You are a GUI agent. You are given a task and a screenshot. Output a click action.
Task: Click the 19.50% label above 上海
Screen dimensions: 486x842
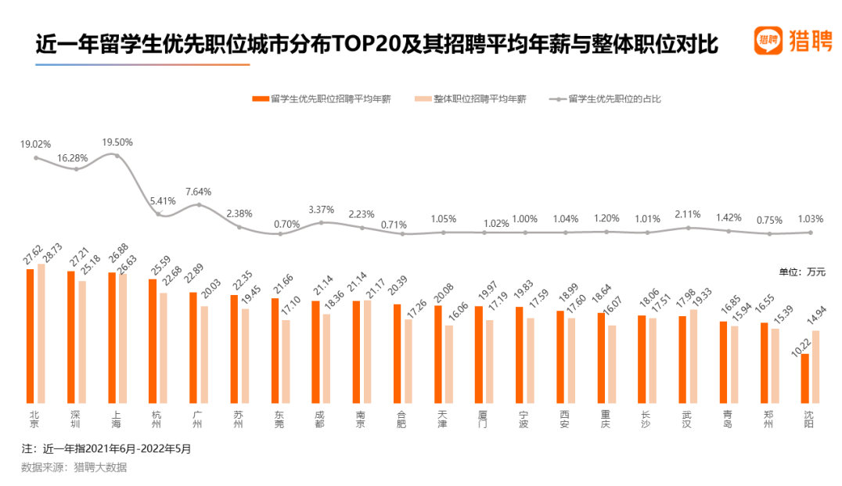(x=117, y=142)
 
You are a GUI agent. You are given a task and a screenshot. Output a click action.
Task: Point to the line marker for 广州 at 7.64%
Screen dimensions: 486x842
(x=199, y=205)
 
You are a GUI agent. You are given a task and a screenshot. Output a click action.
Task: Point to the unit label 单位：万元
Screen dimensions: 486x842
(x=801, y=272)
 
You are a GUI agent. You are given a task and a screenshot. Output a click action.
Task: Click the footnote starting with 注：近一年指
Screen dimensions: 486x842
(x=106, y=449)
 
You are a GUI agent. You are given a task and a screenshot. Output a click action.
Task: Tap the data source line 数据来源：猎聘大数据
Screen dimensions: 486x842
(x=74, y=467)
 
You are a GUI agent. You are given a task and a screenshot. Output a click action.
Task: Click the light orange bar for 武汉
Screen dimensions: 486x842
(x=693, y=355)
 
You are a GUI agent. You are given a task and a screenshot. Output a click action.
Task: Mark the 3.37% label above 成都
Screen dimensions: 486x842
(x=321, y=210)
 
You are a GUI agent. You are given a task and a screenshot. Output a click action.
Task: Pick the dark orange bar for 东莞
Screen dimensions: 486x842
(x=275, y=349)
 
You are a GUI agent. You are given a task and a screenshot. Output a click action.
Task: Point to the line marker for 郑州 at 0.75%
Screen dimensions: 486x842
(x=770, y=234)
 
